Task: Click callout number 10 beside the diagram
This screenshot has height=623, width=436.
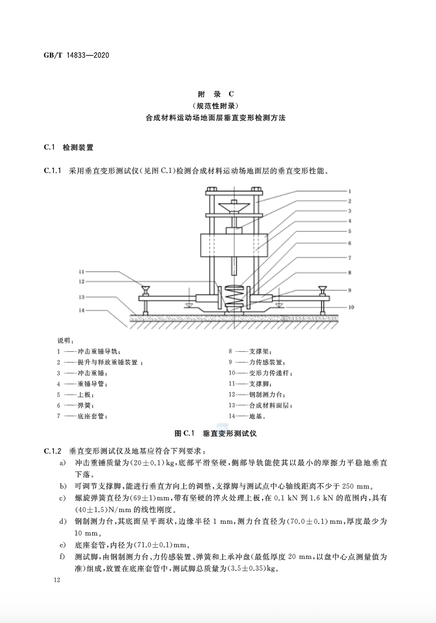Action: click(351, 307)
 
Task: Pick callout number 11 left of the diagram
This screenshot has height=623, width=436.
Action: click(82, 272)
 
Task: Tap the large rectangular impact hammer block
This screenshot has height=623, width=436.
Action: click(234, 245)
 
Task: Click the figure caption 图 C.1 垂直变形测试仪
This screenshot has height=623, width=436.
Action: click(216, 433)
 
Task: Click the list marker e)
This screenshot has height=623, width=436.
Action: click(62, 545)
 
